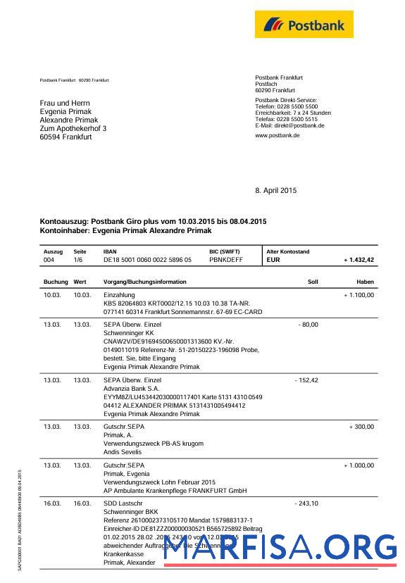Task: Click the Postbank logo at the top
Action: tap(304, 25)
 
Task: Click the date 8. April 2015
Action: tap(276, 190)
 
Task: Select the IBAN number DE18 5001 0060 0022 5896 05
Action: tap(147, 260)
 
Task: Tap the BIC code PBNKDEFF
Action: tap(225, 260)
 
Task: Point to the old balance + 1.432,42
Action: tap(359, 260)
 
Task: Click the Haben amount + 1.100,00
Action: tap(359, 295)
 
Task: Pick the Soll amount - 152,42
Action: tap(306, 380)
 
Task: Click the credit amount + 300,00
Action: tap(361, 427)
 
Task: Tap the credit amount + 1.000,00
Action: tap(359, 465)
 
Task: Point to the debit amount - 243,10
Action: tap(306, 503)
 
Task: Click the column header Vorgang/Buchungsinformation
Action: tap(144, 282)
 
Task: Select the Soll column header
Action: tap(313, 282)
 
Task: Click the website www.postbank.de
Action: tap(277, 135)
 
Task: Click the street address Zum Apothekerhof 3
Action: tap(73, 129)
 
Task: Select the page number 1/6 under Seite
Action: tap(80, 260)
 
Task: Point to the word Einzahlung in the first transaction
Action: tap(119, 295)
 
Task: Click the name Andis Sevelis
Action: tap(123, 452)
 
